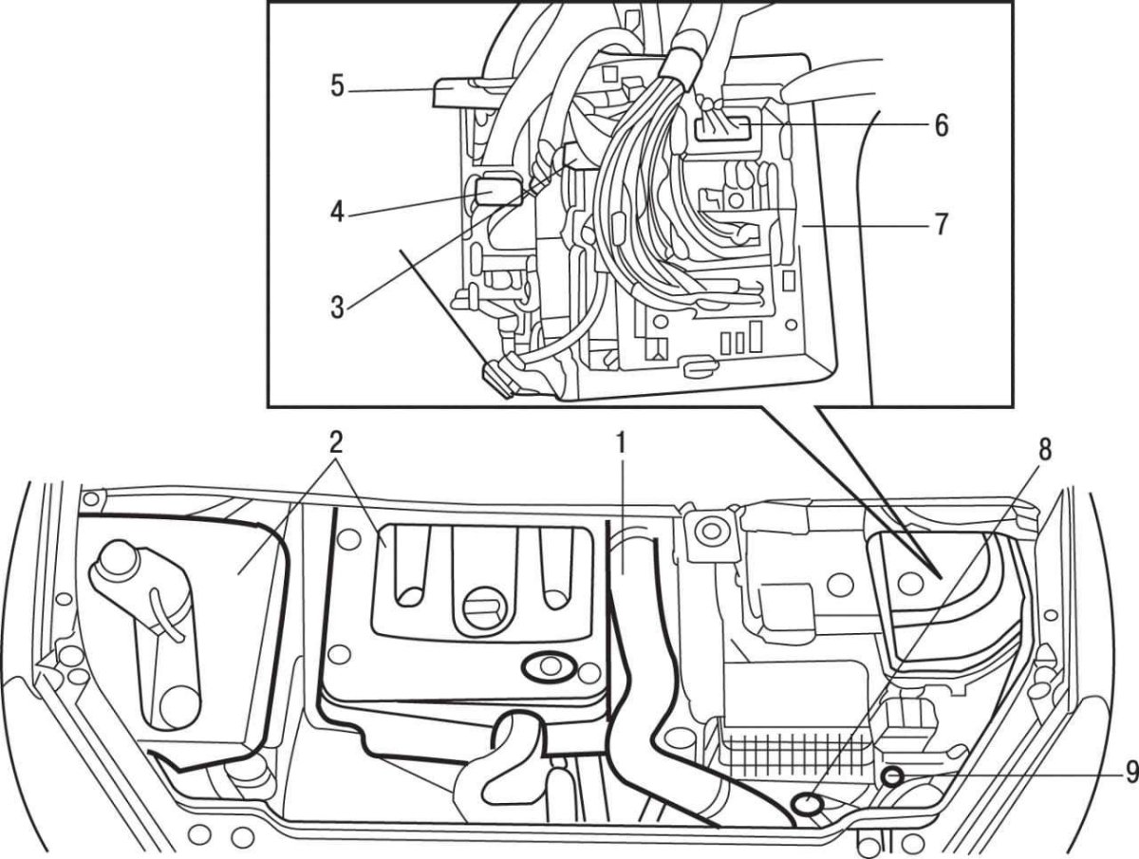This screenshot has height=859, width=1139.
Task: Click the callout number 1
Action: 620,442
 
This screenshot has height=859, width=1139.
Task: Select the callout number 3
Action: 336,306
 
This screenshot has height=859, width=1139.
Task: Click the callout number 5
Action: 337,86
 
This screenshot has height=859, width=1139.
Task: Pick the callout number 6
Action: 941,124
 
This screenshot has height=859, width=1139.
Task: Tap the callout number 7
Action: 941,225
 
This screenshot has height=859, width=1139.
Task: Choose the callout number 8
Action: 1045,450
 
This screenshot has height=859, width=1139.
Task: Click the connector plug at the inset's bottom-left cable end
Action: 498,378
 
